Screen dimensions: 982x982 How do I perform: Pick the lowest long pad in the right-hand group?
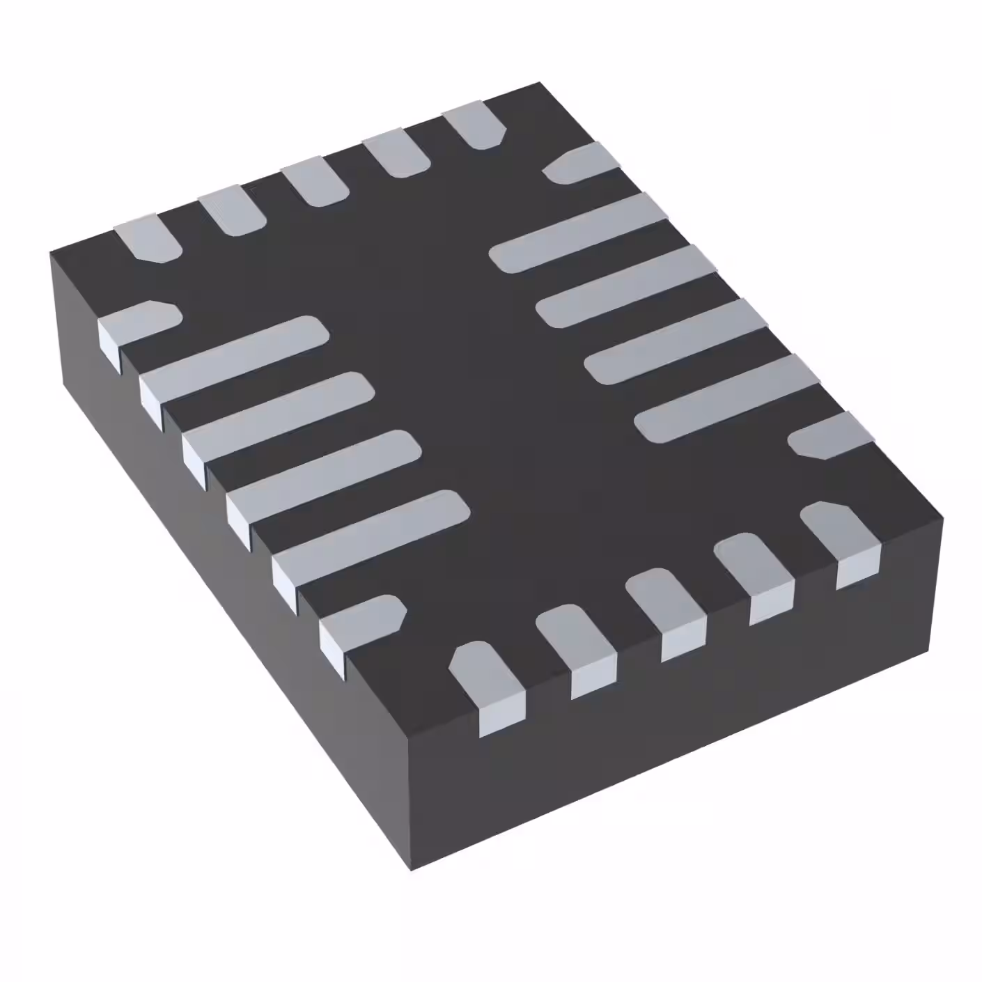pos(727,397)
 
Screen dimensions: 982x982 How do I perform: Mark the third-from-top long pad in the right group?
pos(676,341)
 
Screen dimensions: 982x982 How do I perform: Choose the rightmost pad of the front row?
pos(839,533)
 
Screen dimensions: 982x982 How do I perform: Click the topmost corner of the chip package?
pos(540,83)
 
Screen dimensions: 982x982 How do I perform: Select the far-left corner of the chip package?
pos(51,252)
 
